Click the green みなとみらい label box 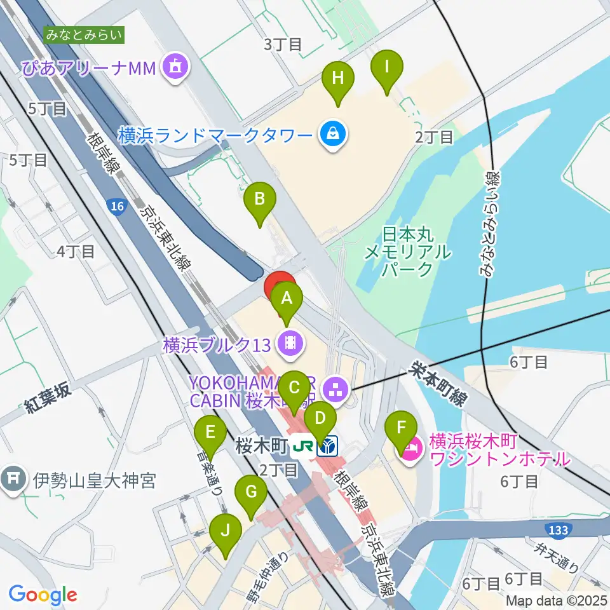click(85, 34)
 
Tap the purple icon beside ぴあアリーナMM click(173, 67)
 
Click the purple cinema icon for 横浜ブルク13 click(290, 344)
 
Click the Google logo click(43, 595)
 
